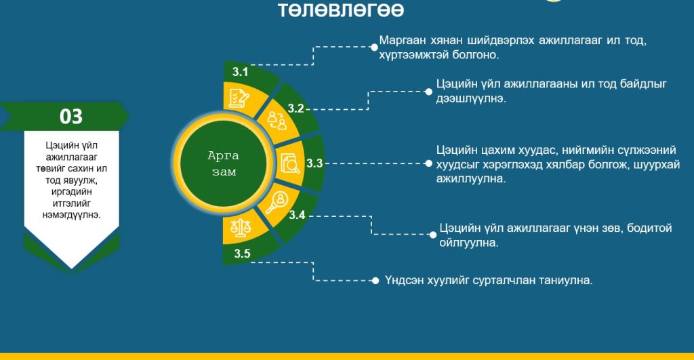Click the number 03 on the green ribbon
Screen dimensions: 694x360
coord(71,117)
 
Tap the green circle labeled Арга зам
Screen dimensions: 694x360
coord(223,163)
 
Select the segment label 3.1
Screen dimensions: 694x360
coord(241,72)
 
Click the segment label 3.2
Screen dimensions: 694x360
coord(295,108)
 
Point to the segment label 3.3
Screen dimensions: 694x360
coord(314,163)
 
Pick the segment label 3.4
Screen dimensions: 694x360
coord(297,215)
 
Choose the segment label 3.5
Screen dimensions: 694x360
coord(242,254)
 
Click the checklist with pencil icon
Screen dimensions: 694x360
coord(239,98)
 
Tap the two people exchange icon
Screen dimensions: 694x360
coord(277,121)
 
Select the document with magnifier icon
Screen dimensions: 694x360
coord(290,163)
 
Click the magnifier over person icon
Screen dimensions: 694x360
coord(277,202)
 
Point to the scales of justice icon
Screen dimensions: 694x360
coord(241,228)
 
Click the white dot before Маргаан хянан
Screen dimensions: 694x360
coord(374,47)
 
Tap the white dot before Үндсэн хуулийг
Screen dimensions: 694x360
coord(375,281)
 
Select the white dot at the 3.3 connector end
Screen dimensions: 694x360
coord(428,163)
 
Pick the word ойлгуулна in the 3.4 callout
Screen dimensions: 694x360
coord(469,243)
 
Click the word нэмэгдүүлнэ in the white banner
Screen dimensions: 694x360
coord(72,215)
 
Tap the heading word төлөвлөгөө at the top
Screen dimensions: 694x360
coord(342,9)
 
